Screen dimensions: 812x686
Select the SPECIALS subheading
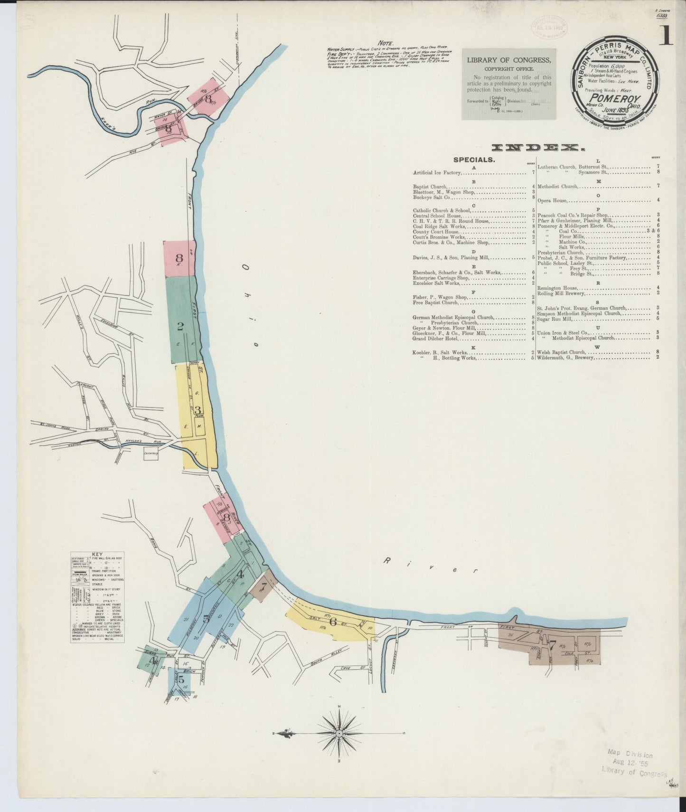(474, 160)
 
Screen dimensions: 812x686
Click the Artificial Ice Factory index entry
(437, 173)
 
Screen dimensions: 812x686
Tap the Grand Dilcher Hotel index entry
(436, 339)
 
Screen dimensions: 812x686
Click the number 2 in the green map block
(180, 326)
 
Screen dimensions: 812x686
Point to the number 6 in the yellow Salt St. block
(333, 622)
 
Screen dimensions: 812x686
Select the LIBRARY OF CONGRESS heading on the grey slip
(509, 60)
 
